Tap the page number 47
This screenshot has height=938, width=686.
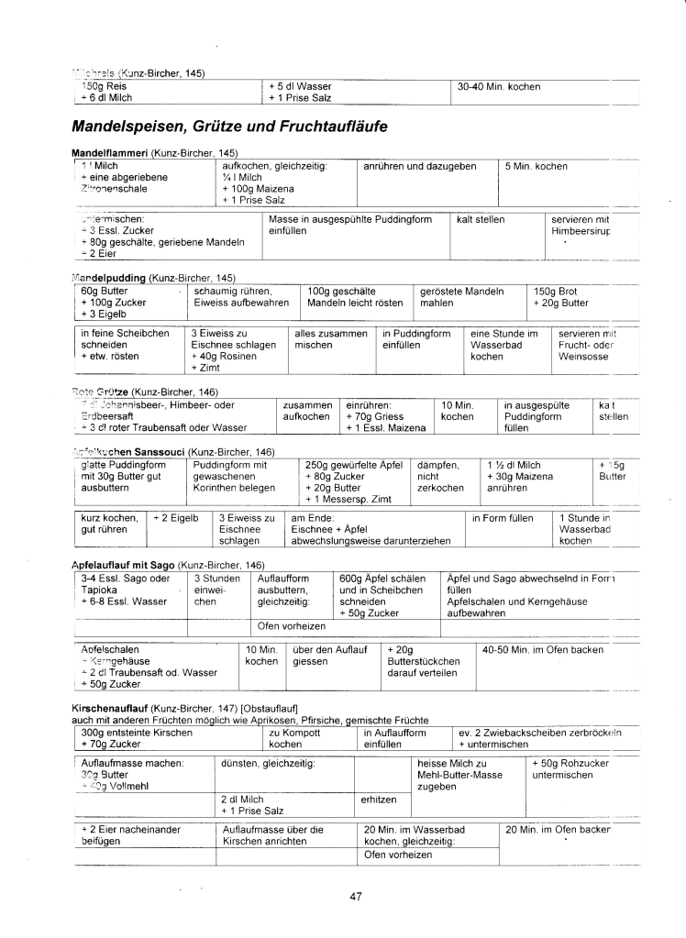[356, 897]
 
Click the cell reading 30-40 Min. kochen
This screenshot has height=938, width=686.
[499, 87]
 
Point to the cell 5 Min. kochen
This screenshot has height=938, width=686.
[536, 166]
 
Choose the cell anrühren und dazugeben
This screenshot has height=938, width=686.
[420, 166]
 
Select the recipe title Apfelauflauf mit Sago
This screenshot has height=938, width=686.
[122, 565]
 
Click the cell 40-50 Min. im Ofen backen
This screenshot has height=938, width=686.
[537, 650]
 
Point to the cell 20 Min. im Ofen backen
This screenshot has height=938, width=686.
[558, 830]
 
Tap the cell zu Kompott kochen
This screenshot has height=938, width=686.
[293, 738]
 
